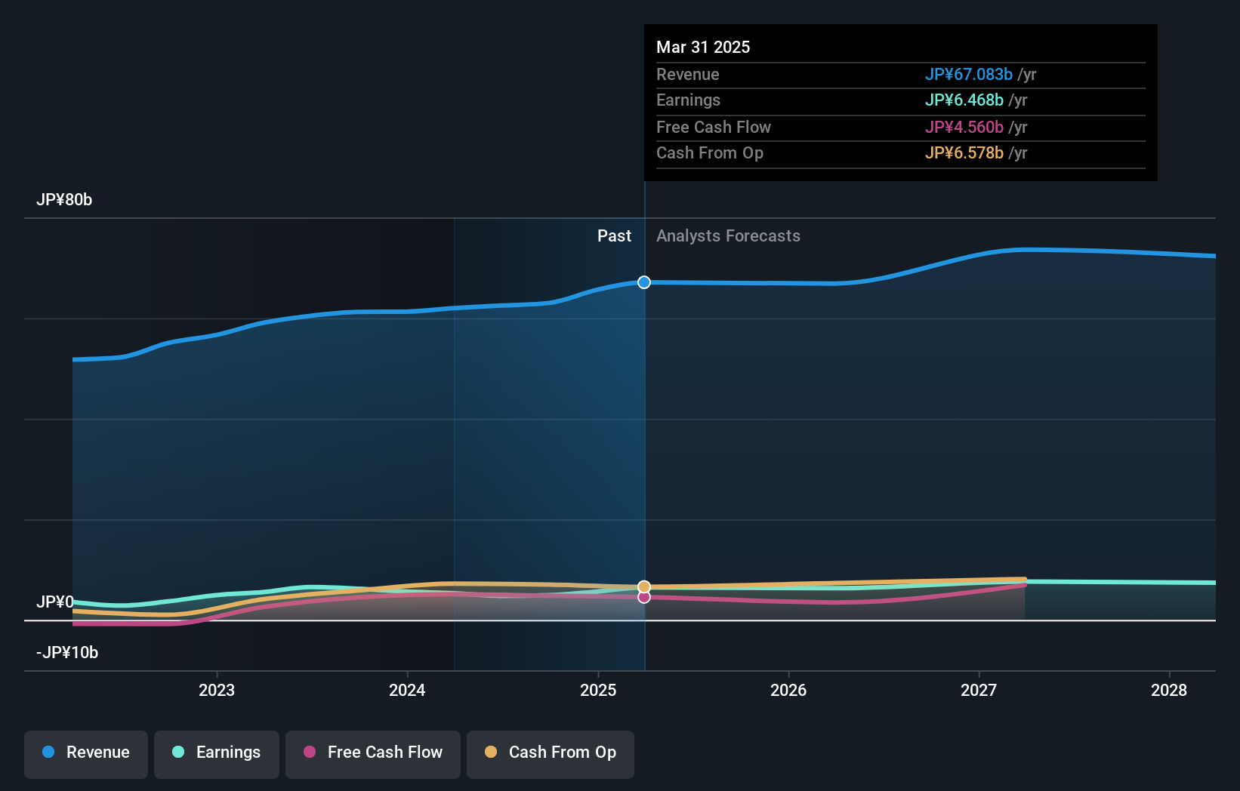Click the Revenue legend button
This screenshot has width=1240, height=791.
[x=86, y=753]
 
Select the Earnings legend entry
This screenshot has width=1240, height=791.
[x=217, y=753]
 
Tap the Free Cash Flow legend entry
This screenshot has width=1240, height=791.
[x=373, y=753]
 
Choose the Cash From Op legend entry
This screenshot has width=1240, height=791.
[x=551, y=753]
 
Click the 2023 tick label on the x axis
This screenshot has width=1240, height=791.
[x=217, y=691]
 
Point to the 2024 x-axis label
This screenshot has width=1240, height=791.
[x=407, y=691]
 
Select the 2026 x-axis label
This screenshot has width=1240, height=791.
[x=788, y=691]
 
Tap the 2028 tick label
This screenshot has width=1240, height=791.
[x=1169, y=691]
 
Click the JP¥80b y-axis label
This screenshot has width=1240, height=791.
[x=64, y=200]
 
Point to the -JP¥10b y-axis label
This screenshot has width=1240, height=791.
[x=67, y=653]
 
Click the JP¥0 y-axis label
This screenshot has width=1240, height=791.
[x=54, y=602]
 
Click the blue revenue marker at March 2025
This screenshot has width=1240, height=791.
[x=644, y=282]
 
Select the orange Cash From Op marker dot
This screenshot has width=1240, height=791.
[x=644, y=586]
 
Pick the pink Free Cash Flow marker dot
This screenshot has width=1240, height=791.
[x=644, y=597]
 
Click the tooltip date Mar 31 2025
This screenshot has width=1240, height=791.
[x=703, y=48]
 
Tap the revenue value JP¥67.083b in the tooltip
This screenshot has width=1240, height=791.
[x=969, y=75]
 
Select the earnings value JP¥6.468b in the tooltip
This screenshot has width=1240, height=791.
[x=964, y=100]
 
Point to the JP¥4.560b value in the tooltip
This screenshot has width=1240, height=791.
[x=964, y=128]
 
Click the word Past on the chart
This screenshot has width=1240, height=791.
[x=614, y=236]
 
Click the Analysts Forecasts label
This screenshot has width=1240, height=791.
[x=728, y=236]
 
